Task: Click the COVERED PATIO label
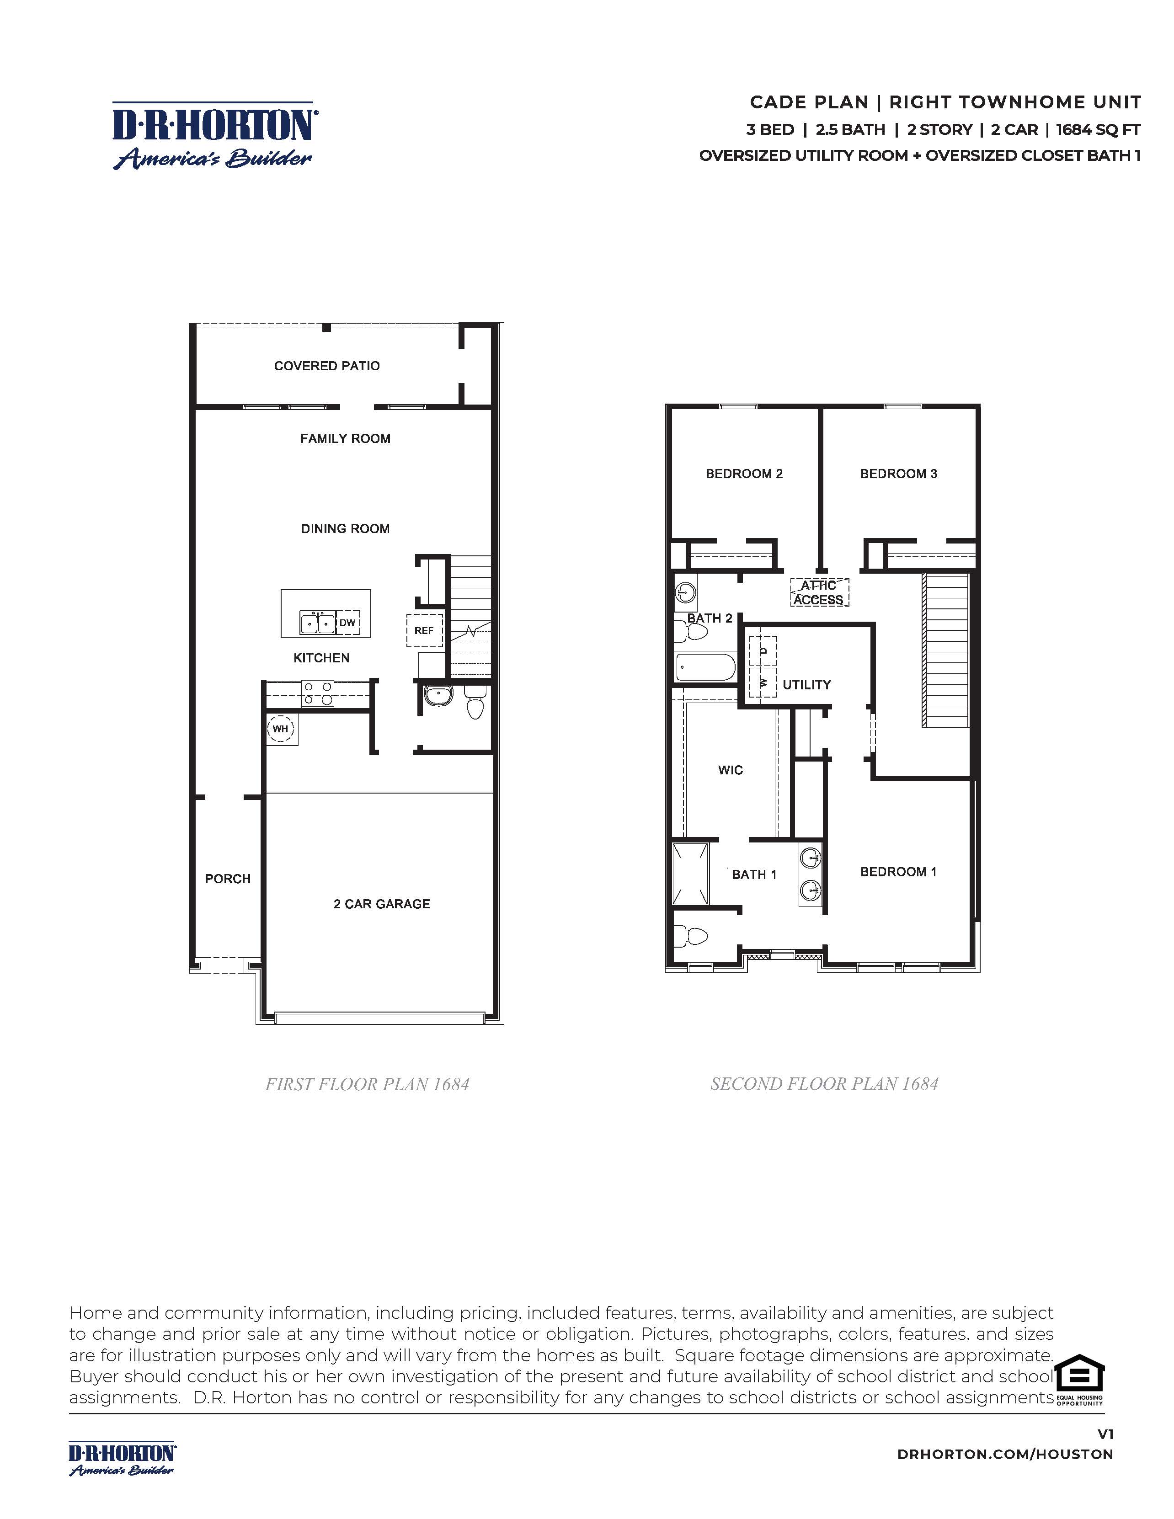coord(327,366)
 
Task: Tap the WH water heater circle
coord(280,729)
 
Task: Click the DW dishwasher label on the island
coord(347,623)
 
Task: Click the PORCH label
coord(227,879)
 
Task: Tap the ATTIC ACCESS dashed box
coord(819,592)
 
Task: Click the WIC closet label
coord(730,770)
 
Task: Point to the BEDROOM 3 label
coord(899,474)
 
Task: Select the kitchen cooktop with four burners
coord(317,693)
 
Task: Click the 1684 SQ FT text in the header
coord(1098,129)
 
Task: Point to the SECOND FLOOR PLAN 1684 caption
coord(824,1084)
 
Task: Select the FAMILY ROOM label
coord(345,438)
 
